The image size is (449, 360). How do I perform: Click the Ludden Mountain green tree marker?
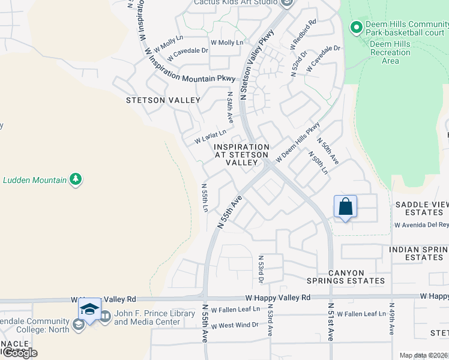tap(75, 179)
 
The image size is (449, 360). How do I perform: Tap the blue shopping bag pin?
tap(345, 207)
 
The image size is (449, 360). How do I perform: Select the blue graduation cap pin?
tap(89, 310)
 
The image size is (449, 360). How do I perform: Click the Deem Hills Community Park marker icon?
tap(356, 28)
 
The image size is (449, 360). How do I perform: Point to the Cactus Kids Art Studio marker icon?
tap(286, 2)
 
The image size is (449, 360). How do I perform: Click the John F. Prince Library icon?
tap(105, 316)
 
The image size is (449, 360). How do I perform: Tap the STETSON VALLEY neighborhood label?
tap(162, 101)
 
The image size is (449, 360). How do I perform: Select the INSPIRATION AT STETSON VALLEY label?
tap(242, 154)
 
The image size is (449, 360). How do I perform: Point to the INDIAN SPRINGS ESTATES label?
tap(418, 253)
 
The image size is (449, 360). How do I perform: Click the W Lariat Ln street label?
tap(210, 136)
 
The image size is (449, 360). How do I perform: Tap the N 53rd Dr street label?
tap(261, 269)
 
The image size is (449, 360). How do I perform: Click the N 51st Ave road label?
tap(331, 322)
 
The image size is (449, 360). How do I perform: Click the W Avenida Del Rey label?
tap(421, 225)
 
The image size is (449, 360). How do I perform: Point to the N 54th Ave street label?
tap(229, 107)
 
